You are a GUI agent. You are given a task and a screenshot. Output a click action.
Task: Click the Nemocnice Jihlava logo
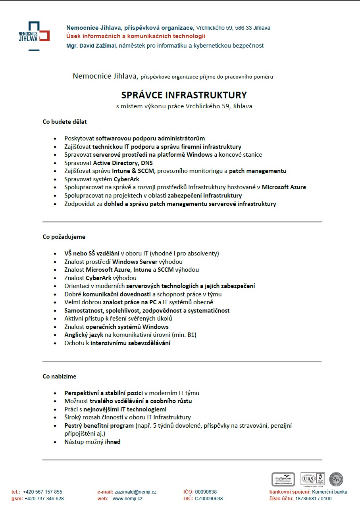pyautogui.click(x=34, y=36)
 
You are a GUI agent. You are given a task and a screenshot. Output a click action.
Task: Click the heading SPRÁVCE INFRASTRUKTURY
pyautogui.click(x=184, y=95)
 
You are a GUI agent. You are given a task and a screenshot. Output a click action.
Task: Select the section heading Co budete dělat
pyautogui.click(x=65, y=122)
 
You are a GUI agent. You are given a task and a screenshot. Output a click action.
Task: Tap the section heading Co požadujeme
pyautogui.click(x=64, y=237)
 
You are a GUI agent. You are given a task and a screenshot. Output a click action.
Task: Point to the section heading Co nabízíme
pyautogui.click(x=60, y=377)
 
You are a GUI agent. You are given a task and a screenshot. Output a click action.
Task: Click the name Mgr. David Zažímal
pyautogui.click(x=91, y=46)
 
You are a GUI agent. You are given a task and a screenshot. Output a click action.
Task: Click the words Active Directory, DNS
pyautogui.click(x=123, y=163)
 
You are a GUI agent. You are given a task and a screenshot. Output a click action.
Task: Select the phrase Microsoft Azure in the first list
pyautogui.click(x=284, y=187)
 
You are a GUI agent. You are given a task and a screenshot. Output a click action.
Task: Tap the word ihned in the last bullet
pyautogui.click(x=113, y=442)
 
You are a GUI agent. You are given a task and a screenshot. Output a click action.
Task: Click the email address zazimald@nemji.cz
pyautogui.click(x=135, y=492)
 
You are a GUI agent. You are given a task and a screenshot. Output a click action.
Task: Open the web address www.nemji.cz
pyautogui.click(x=127, y=499)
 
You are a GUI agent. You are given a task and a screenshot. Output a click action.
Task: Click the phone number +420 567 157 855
pyautogui.click(x=42, y=492)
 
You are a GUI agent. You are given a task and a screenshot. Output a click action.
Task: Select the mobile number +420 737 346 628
pyautogui.click(x=44, y=499)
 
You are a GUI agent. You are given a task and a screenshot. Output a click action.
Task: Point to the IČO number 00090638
pyautogui.click(x=206, y=492)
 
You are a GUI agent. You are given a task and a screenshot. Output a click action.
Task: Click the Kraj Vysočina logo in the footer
pyautogui.click(x=283, y=479)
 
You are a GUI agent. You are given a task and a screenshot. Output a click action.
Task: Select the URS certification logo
pyautogui.click(x=312, y=479)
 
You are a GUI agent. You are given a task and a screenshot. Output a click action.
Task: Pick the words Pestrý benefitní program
pyautogui.click(x=99, y=426)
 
